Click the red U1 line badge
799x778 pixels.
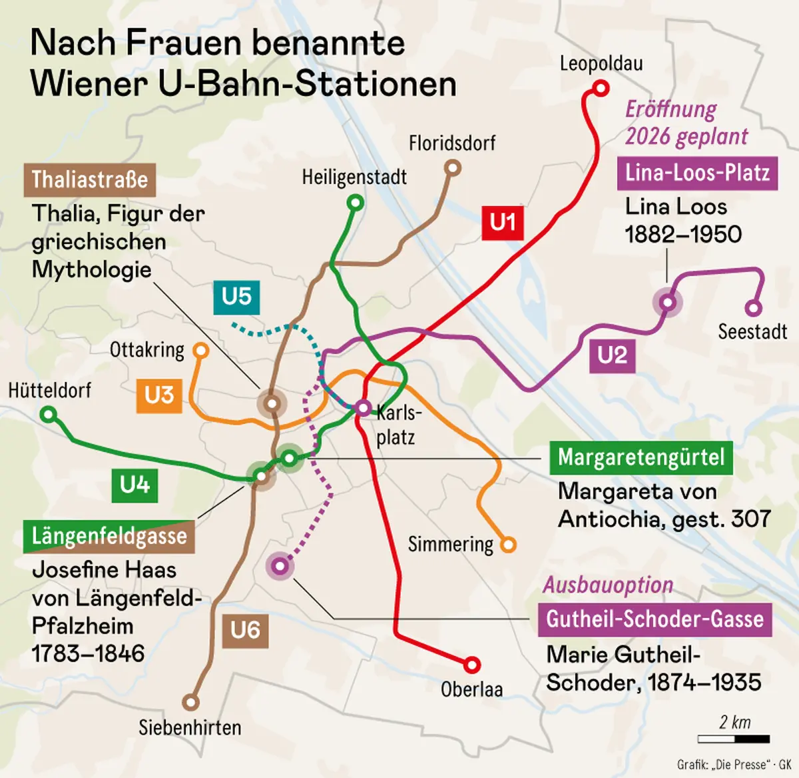click(x=503, y=222)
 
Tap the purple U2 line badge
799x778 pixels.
click(x=612, y=355)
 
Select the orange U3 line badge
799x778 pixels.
click(x=159, y=395)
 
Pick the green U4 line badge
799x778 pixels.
click(x=134, y=485)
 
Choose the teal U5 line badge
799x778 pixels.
click(x=236, y=296)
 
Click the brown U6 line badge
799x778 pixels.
click(x=245, y=630)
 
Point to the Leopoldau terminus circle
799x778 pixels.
click(x=601, y=88)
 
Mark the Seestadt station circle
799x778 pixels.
click(x=753, y=308)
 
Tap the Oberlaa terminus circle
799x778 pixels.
click(x=471, y=664)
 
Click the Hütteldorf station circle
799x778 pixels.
click(x=48, y=415)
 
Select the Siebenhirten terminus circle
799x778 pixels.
click(x=191, y=702)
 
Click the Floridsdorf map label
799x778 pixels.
click(x=452, y=143)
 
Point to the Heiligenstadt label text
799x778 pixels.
click(x=354, y=177)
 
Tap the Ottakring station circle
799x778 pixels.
click(x=200, y=350)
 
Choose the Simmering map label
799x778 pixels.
click(x=450, y=545)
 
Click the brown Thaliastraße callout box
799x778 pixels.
click(x=90, y=180)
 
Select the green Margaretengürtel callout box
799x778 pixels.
click(x=641, y=458)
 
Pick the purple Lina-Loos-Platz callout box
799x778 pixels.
click(x=697, y=173)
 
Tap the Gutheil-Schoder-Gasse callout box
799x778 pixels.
click(x=655, y=619)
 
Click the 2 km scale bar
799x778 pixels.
click(x=734, y=739)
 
